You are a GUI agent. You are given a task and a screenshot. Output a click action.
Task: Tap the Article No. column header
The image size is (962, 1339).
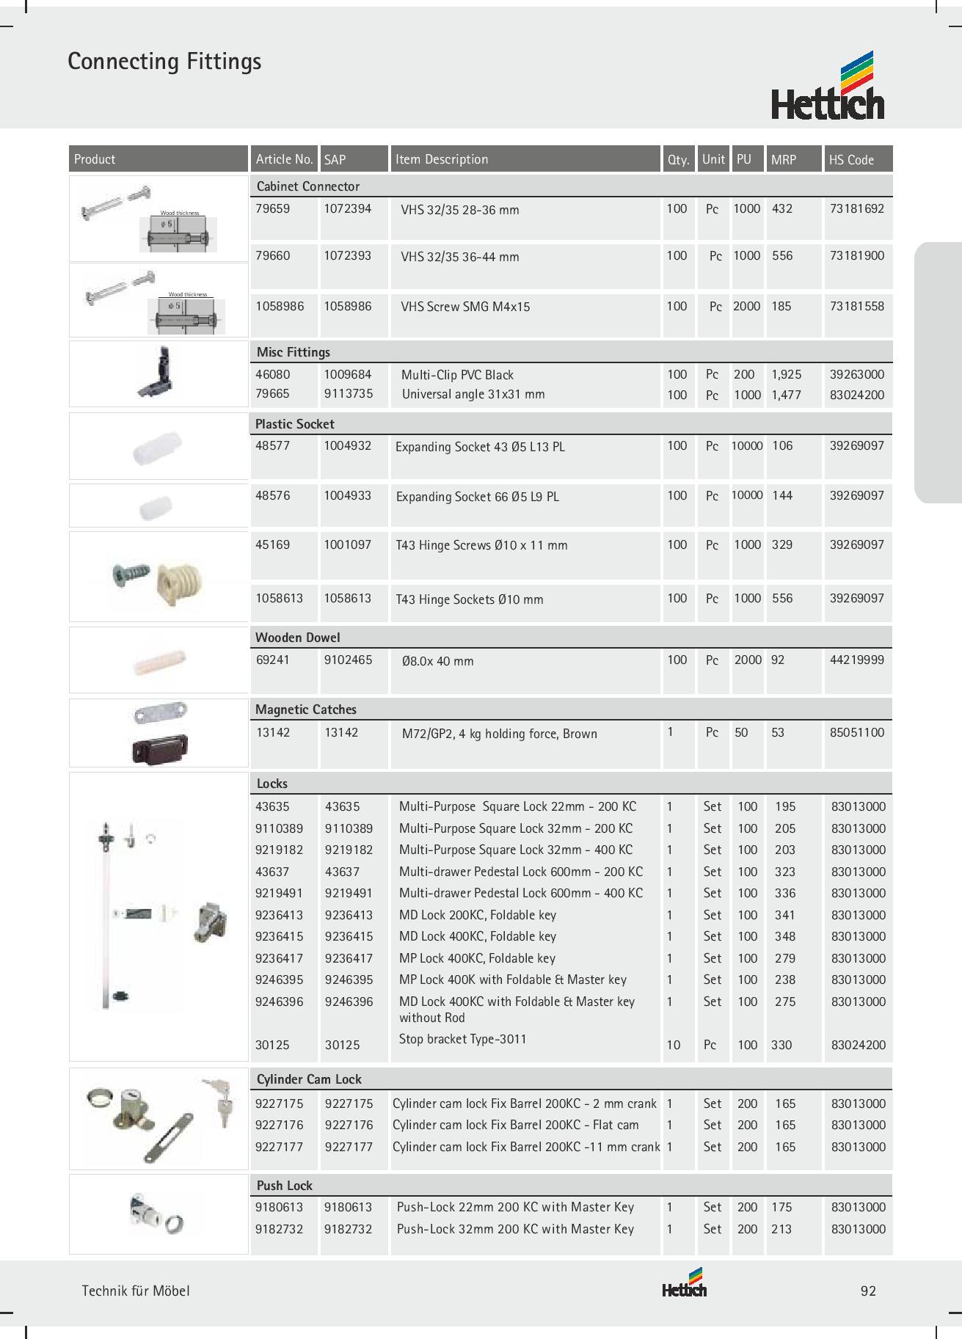pyautogui.click(x=284, y=159)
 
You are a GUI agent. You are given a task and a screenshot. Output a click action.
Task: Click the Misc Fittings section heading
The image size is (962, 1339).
pyautogui.click(x=293, y=352)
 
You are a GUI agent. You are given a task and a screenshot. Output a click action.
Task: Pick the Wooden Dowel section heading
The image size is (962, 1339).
pyautogui.click(x=297, y=638)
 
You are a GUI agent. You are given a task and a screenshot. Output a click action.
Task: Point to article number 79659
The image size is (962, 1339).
pyautogui.click(x=272, y=209)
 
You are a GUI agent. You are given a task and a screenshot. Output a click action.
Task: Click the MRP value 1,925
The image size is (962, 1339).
pyautogui.click(x=787, y=375)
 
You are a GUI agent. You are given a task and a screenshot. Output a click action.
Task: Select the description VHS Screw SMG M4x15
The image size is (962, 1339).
pyautogui.click(x=465, y=307)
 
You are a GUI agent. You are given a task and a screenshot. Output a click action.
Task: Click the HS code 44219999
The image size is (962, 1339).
pyautogui.click(x=856, y=660)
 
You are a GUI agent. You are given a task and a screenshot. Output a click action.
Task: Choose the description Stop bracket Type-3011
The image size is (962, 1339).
pyautogui.click(x=462, y=1039)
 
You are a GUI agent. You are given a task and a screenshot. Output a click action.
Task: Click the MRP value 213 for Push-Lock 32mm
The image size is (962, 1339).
pyautogui.click(x=781, y=1229)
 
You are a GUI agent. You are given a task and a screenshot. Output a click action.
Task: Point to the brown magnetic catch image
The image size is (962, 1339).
pyautogui.click(x=160, y=749)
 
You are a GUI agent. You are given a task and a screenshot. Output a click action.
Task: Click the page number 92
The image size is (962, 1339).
pyautogui.click(x=868, y=1291)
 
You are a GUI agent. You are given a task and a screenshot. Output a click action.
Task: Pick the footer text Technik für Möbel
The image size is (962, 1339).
pyautogui.click(x=136, y=1291)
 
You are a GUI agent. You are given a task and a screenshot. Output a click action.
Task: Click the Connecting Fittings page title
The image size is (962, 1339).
pyautogui.click(x=164, y=62)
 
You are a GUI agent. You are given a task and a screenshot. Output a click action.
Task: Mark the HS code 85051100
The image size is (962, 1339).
pyautogui.click(x=856, y=733)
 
